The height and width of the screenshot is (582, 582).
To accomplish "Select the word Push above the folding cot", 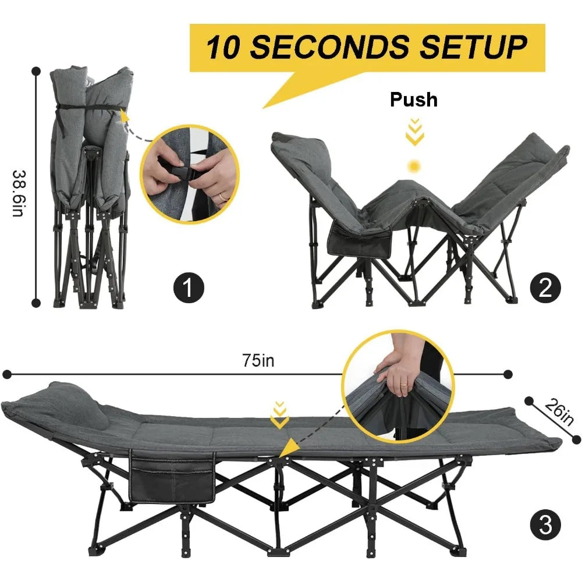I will [413, 100].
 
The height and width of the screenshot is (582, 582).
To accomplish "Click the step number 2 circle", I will [545, 287].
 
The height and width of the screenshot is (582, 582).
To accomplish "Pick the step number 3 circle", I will [545, 526].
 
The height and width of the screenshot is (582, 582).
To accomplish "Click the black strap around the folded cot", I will [87, 108].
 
